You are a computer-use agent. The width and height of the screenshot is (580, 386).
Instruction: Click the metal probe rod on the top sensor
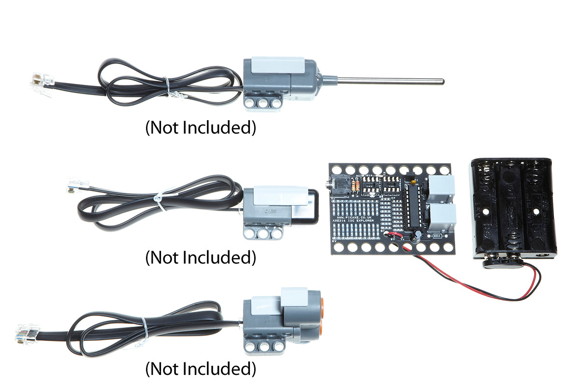(x=387, y=80)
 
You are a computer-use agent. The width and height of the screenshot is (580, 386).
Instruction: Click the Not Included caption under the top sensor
(x=201, y=128)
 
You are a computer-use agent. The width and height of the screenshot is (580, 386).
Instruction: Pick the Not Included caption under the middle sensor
(x=201, y=257)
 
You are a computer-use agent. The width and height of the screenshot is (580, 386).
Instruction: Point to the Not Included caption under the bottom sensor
(x=201, y=369)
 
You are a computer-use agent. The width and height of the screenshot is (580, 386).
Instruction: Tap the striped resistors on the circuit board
(x=356, y=186)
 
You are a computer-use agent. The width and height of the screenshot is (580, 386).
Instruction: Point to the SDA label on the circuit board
(x=437, y=236)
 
